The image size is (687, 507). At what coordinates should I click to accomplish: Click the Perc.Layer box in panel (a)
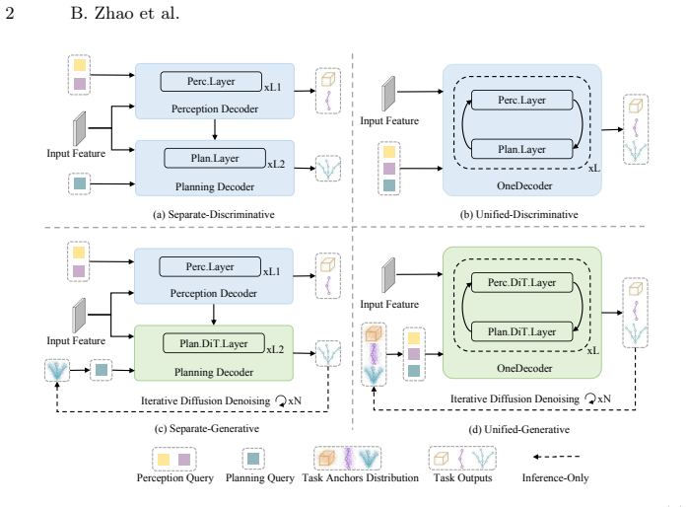211,82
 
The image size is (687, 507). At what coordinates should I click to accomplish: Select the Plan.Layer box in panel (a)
215,159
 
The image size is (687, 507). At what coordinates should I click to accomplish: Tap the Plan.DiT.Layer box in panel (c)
214,343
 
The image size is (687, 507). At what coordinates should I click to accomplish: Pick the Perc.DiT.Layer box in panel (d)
521,283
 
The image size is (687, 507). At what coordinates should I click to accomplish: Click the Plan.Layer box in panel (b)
521,150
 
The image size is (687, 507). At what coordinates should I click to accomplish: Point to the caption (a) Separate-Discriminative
214,214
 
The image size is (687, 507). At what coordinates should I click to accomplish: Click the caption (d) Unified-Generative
519,429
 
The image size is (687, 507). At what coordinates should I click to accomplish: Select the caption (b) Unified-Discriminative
519,214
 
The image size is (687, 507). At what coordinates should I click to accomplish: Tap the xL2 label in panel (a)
276,164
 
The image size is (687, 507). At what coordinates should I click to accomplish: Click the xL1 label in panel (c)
272,272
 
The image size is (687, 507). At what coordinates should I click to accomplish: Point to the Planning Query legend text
260,477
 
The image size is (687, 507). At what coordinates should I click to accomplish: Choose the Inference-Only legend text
555,477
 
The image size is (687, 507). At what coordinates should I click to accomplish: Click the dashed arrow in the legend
556,457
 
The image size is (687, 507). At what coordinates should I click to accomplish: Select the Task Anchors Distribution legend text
360,477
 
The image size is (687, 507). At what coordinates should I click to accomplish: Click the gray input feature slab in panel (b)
388,94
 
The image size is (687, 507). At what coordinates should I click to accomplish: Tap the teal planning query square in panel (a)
80,183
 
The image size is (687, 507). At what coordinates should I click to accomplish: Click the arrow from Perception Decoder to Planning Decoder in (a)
214,129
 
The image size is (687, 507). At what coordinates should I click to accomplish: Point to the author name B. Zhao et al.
125,13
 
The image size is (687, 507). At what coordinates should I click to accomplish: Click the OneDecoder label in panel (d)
524,368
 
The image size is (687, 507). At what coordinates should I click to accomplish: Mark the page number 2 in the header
10,13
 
